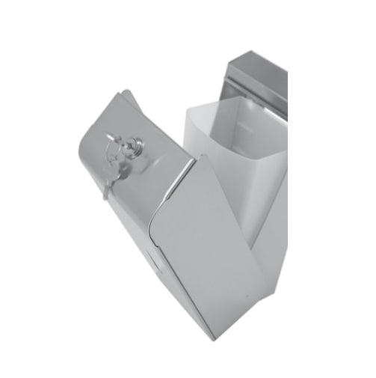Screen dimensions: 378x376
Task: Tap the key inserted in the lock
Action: [x=114, y=139]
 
